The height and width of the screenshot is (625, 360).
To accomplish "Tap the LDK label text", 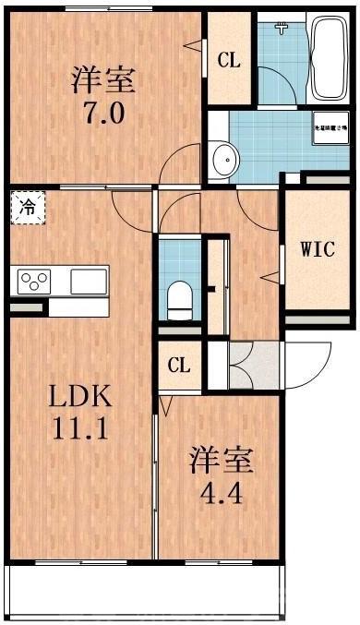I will point(80,398).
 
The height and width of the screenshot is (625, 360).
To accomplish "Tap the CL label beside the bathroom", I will point(229,60).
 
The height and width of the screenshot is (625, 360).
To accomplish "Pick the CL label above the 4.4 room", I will point(179,365).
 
